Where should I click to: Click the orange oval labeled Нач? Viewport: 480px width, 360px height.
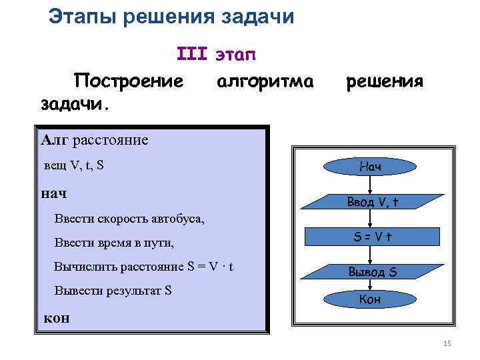[x=370, y=166]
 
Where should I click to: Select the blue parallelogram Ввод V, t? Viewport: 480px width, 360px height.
[x=370, y=201]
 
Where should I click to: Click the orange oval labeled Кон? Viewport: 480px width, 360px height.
[x=370, y=299]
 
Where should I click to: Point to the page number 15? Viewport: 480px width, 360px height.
[x=447, y=343]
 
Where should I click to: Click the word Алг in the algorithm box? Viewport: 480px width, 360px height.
[x=54, y=139]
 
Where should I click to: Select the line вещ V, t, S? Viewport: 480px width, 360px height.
[x=73, y=165]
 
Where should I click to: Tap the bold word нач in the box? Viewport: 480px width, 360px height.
[x=54, y=193]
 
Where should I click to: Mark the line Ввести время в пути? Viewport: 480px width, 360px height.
[x=114, y=243]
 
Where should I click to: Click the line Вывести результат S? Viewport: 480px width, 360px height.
[x=113, y=291]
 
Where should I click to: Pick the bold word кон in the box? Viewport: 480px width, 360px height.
[x=56, y=318]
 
